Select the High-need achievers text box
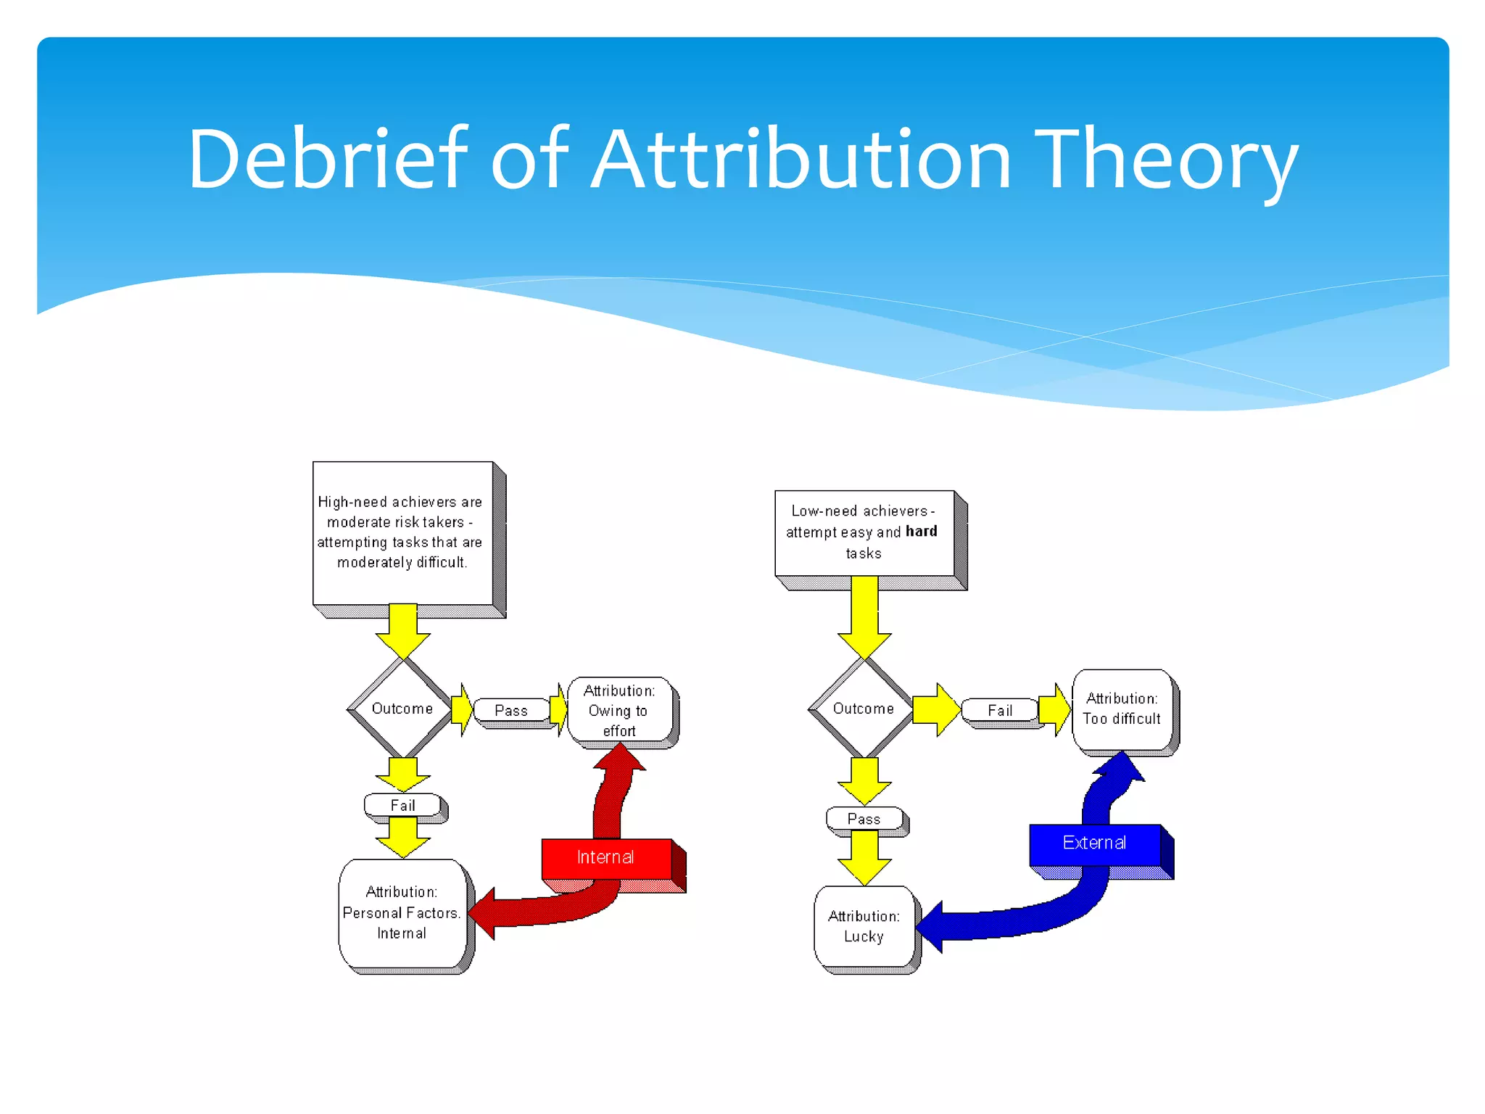click(403, 533)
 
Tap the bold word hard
click(921, 532)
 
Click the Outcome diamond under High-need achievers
click(402, 709)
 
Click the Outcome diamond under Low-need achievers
click(863, 709)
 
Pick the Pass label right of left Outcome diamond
click(511, 711)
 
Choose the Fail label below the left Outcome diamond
click(403, 806)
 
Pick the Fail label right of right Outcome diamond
click(1000, 711)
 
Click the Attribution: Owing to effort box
click(620, 711)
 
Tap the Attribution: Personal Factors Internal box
click(402, 913)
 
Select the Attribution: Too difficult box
click(1122, 709)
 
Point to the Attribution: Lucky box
click(864, 927)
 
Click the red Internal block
click(606, 858)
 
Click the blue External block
click(1095, 843)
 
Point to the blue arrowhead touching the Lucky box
click(931, 927)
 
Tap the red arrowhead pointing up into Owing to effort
click(620, 759)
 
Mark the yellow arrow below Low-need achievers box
click(864, 616)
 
